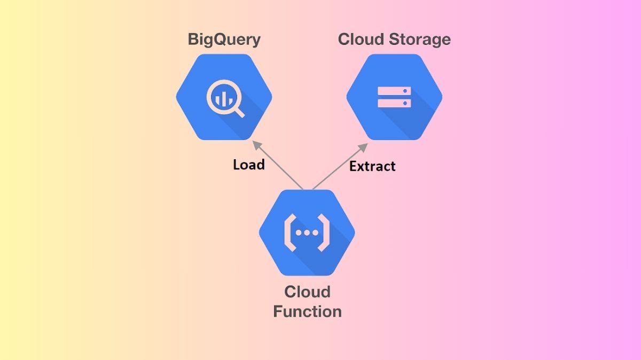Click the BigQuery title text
(x=224, y=40)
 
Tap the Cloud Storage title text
(x=394, y=40)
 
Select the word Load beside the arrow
(x=248, y=165)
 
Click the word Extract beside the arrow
(x=372, y=166)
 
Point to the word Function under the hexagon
(x=307, y=311)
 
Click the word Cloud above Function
(x=307, y=292)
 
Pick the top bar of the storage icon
(x=394, y=90)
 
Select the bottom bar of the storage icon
(x=394, y=103)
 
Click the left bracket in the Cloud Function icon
(x=289, y=233)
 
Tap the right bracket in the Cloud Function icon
(x=324, y=233)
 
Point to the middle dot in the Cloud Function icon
(x=307, y=233)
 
